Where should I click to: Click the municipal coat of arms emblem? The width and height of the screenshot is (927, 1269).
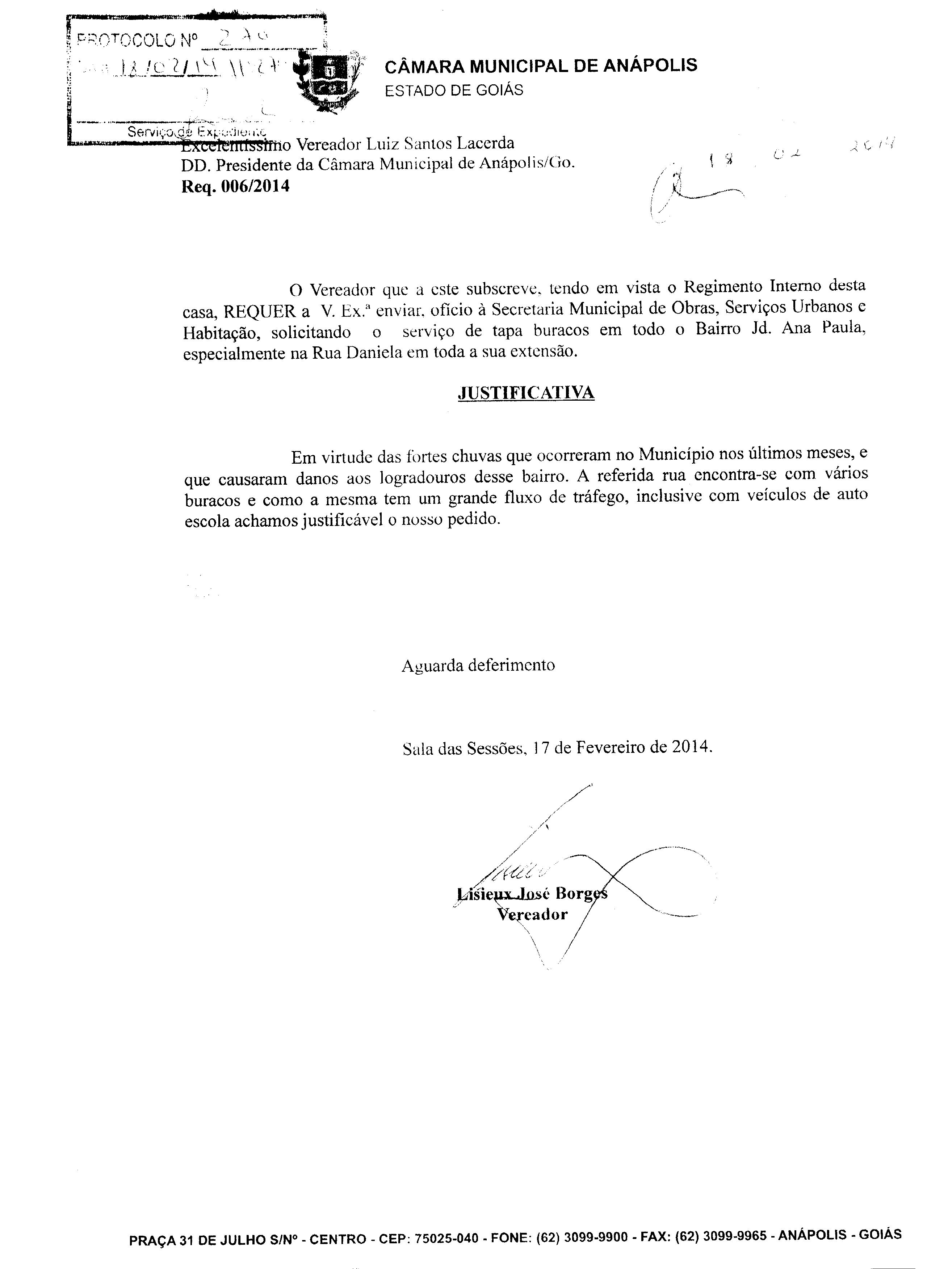[328, 79]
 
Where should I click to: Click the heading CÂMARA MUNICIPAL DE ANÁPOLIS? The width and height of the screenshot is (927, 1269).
[540, 66]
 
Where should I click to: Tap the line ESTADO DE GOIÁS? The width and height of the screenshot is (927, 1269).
[453, 90]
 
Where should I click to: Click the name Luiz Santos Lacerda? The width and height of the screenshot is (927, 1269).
[440, 144]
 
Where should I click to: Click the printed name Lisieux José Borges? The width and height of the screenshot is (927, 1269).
[532, 894]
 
